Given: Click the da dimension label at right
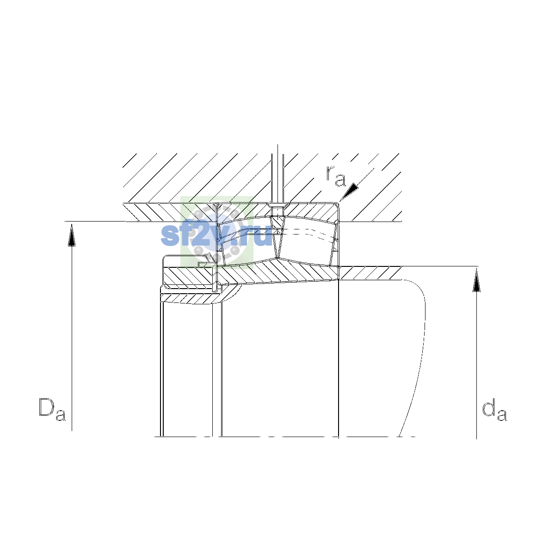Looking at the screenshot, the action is pos(494,409).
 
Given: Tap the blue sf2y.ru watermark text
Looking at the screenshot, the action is pos(216,235).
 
